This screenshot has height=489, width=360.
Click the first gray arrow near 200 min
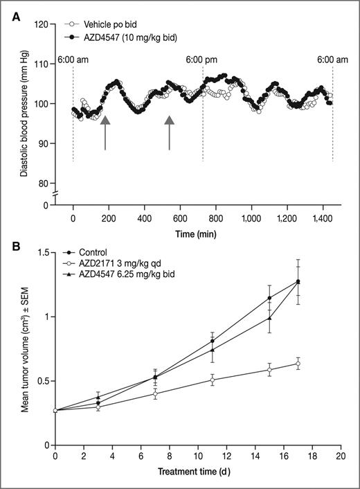tap(105, 133)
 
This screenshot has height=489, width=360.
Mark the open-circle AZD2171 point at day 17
tap(298, 364)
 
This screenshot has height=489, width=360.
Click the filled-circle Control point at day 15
tap(269, 298)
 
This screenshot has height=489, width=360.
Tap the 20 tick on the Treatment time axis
tap(339, 457)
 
